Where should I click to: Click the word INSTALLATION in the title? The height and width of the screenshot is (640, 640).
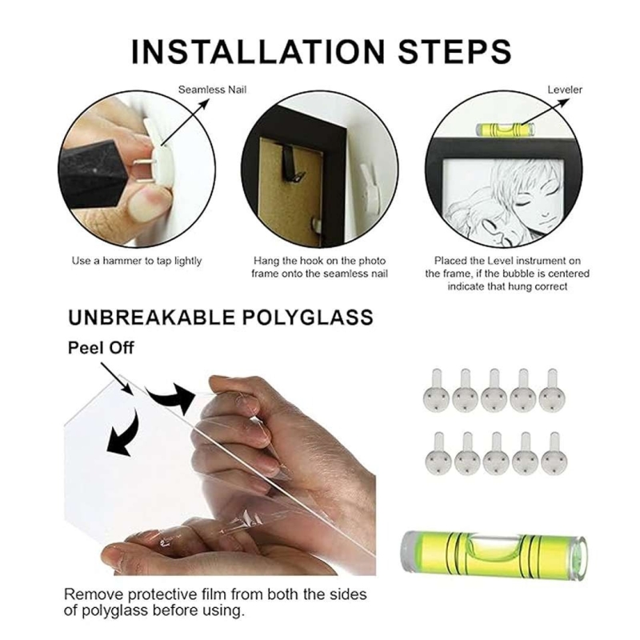258,52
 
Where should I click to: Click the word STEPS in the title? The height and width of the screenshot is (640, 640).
454,52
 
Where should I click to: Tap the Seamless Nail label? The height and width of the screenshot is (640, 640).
212,90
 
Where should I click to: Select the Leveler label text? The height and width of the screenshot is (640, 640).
565,90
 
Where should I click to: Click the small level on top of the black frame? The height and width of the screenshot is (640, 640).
506,129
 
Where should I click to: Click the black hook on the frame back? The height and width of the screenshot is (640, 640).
293,167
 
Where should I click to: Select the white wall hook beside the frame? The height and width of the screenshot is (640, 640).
370,189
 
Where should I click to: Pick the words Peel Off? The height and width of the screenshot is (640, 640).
101,348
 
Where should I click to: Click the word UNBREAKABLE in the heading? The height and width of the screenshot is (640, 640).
151,318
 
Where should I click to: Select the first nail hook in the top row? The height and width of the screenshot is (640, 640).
436,390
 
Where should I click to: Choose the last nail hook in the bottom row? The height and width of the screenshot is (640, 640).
554,453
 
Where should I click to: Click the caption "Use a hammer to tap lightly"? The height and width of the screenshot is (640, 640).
137,261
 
